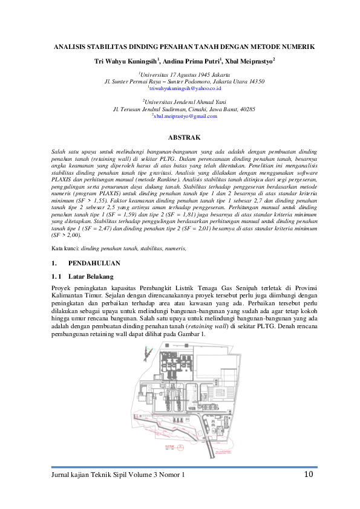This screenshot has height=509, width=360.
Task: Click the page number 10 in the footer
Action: click(x=308, y=475)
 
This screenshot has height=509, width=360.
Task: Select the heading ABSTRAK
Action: click(x=183, y=137)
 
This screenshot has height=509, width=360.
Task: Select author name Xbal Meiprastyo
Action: click(x=249, y=61)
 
